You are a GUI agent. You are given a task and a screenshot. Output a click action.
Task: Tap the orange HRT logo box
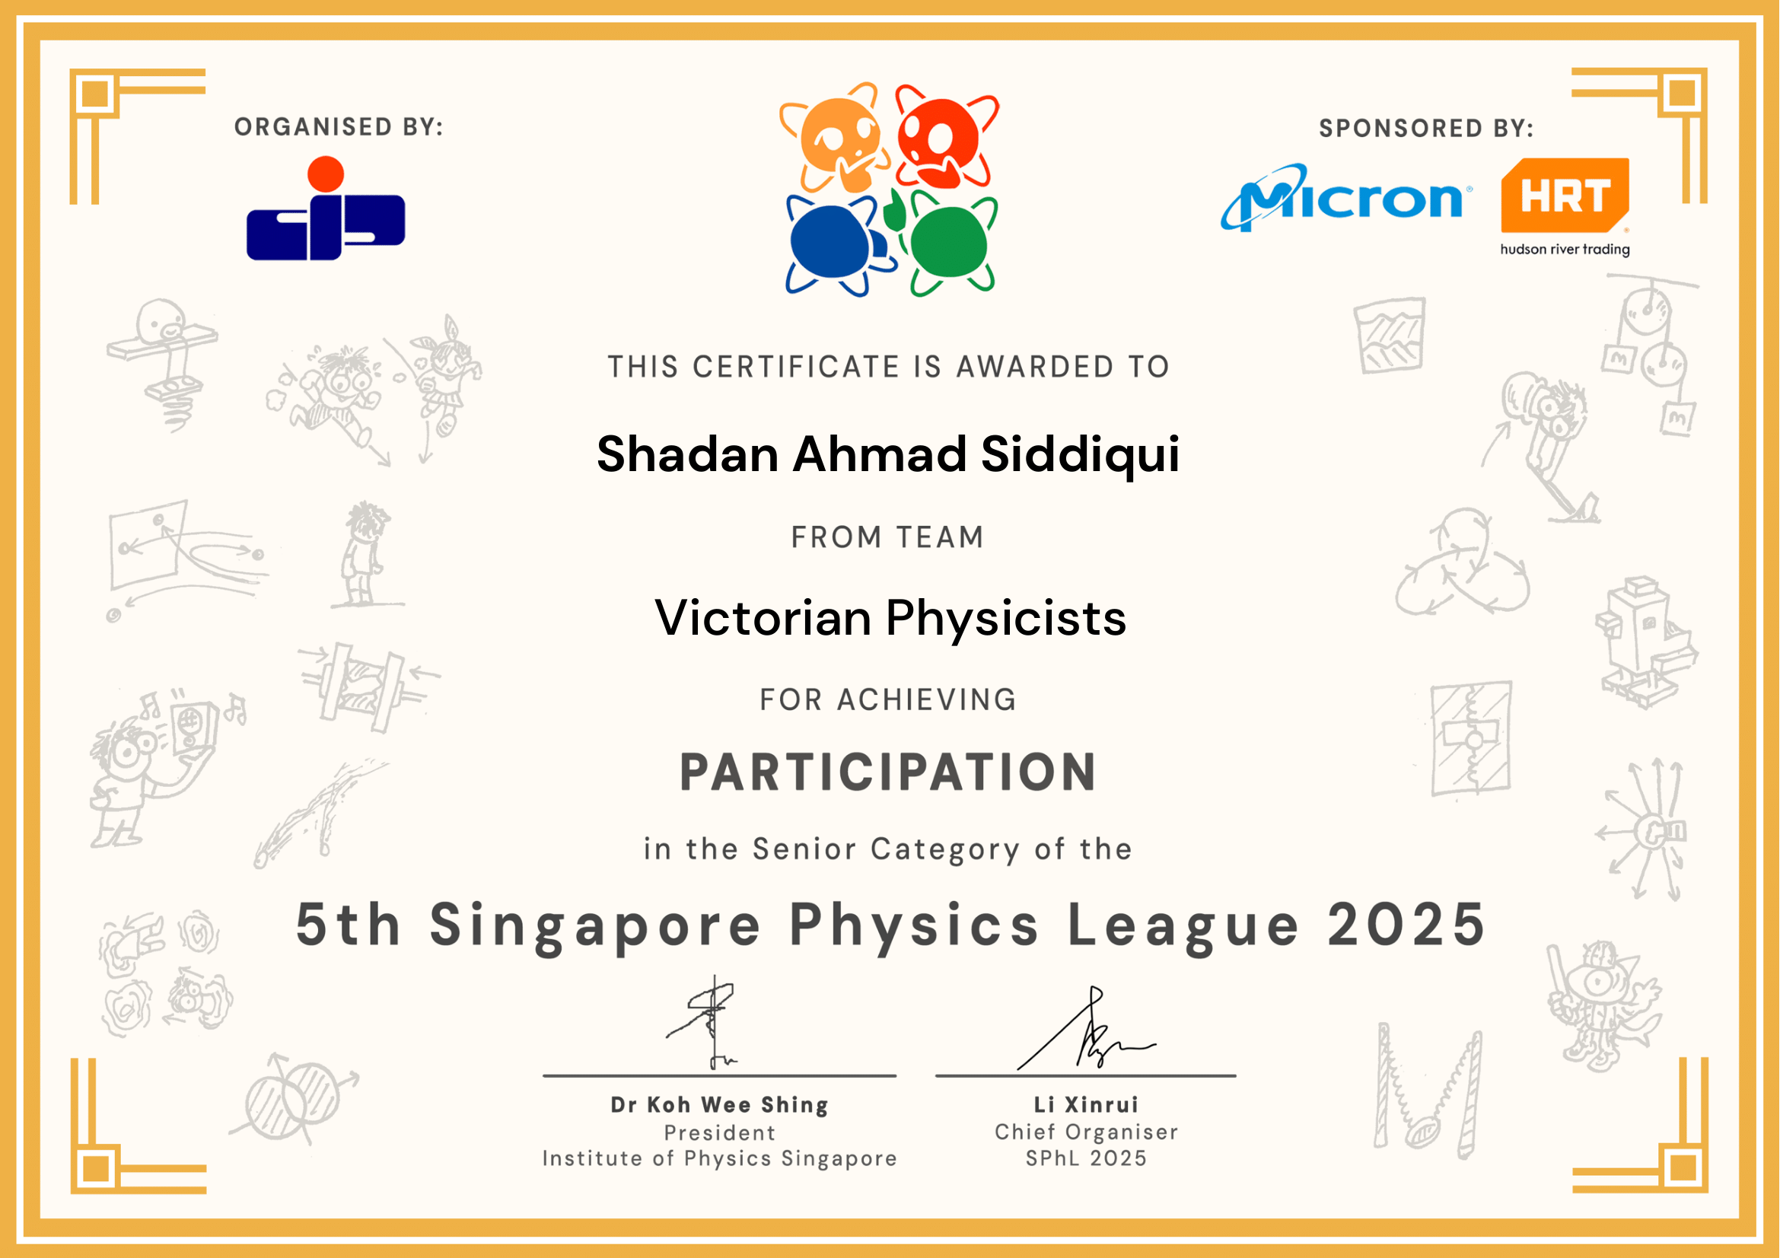1565,196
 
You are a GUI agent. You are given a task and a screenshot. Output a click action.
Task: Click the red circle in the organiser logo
326,174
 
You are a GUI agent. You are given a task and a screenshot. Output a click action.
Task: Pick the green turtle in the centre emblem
949,242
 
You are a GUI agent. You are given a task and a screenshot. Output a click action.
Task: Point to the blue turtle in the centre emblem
837,244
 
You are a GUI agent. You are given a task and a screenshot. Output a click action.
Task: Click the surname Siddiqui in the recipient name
1080,455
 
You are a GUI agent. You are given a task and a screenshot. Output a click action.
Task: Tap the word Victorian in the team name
763,618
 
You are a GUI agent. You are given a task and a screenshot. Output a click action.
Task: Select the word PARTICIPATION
888,772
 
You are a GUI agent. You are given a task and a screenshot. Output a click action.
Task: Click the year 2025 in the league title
1406,925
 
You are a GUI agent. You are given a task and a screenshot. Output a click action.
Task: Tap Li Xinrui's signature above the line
1086,1029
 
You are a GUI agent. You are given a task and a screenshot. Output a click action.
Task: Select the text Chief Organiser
1086,1132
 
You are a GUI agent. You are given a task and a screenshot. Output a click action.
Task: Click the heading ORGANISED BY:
339,126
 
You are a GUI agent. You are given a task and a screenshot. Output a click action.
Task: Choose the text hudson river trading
1565,250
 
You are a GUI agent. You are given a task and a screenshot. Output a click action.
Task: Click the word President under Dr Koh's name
719,1133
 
